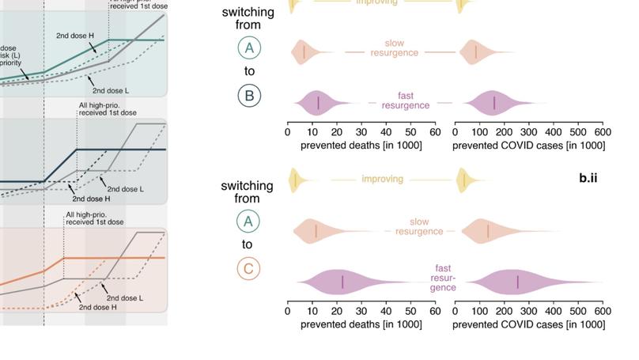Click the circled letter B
point(249,96)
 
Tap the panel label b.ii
point(588,178)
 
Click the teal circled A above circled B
point(249,48)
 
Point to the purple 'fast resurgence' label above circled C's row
point(444,278)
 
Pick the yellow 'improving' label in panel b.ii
point(383,179)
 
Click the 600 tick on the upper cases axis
point(602,132)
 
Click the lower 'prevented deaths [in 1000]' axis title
point(361,324)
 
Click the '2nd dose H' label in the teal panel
point(75,36)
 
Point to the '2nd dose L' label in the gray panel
point(125,189)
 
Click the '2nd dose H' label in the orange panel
point(97,307)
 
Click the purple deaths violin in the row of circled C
point(342,282)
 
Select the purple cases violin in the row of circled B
point(494,103)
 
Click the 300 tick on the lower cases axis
point(528,312)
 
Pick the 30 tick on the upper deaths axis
point(361,132)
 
